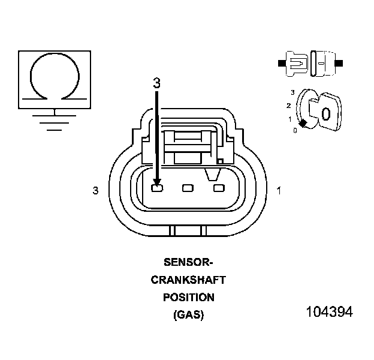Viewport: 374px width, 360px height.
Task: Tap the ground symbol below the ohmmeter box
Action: tap(55, 119)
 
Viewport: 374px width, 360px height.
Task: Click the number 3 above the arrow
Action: tap(156, 83)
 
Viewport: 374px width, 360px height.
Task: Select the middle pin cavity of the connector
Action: tap(188, 189)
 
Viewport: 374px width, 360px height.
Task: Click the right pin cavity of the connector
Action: tap(218, 189)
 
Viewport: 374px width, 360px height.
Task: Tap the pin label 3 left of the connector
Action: tap(95, 190)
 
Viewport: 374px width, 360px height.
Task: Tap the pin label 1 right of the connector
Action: tap(279, 190)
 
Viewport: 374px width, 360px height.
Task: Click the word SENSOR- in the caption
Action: tap(188, 262)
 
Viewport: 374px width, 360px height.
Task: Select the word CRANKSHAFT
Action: tap(188, 280)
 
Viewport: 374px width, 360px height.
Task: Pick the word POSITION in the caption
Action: tap(188, 297)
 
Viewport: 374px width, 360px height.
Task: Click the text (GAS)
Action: tap(188, 314)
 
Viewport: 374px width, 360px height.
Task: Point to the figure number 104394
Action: tap(329, 312)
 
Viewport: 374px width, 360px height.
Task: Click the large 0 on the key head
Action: tap(325, 113)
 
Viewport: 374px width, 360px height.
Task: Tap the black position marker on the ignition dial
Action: tap(303, 123)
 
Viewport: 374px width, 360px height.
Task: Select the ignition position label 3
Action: tap(292, 92)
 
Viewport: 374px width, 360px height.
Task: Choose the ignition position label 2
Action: tap(289, 106)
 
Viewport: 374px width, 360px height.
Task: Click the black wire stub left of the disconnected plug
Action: tap(282, 62)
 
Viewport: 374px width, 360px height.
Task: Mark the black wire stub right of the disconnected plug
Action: tap(340, 62)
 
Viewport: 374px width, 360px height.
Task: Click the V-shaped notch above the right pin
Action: tap(211, 174)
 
